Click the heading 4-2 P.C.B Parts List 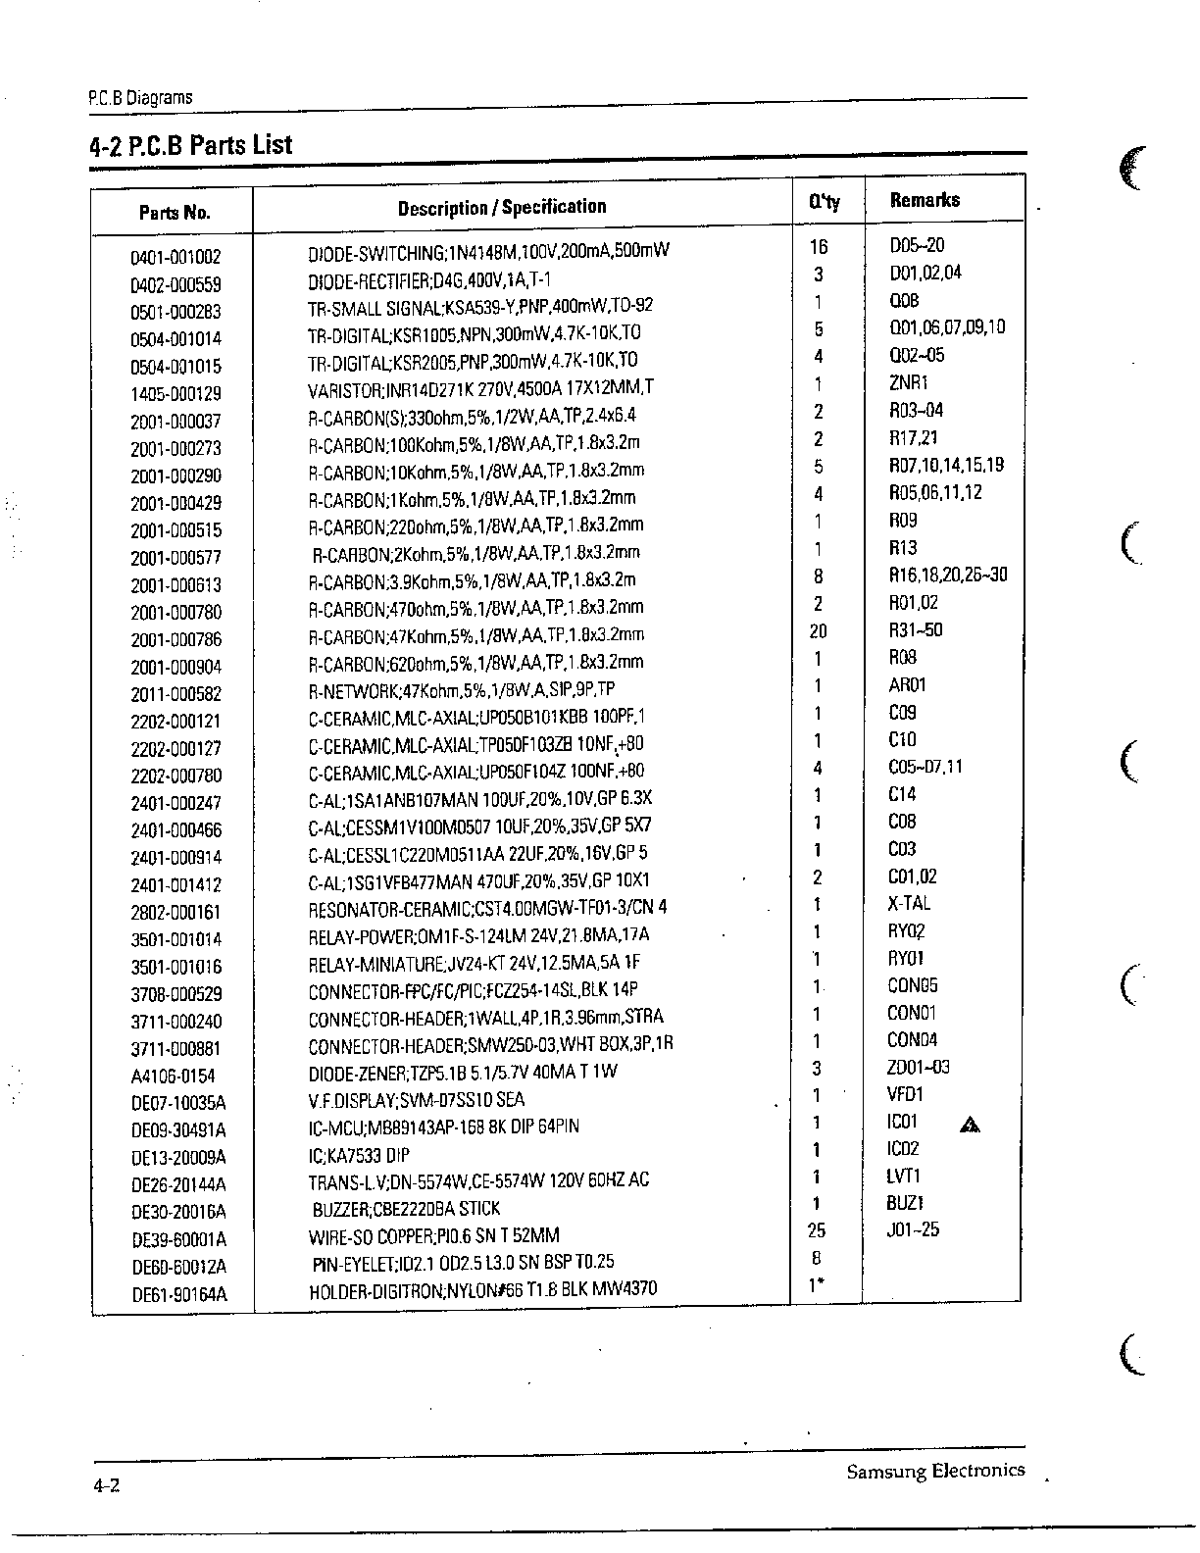(x=190, y=145)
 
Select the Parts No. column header (x=175, y=212)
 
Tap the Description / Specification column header (x=502, y=207)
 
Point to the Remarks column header (x=925, y=200)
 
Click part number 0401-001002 (x=175, y=258)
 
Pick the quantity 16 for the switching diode (x=819, y=247)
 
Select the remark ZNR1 (x=908, y=383)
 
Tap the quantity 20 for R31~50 (x=818, y=631)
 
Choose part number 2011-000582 (x=176, y=695)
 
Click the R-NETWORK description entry (x=462, y=689)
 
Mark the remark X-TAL (x=909, y=903)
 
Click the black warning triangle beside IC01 (x=971, y=1125)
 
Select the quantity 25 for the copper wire (x=816, y=1230)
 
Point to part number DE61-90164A (x=179, y=1295)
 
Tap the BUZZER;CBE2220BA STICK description (x=406, y=1209)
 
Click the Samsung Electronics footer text (x=935, y=1471)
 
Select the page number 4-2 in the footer (x=106, y=1485)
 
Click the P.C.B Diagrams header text (x=140, y=98)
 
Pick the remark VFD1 (x=905, y=1094)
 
